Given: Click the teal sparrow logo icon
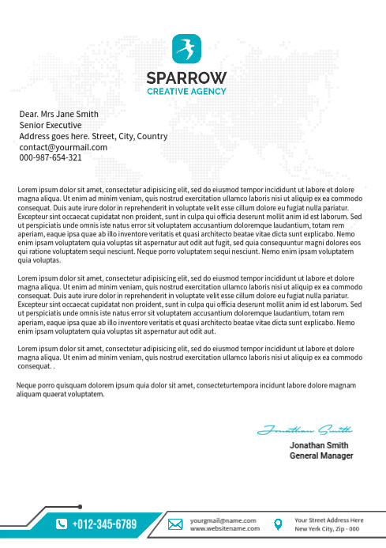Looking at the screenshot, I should (x=187, y=49).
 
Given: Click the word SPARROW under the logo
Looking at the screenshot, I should (x=186, y=77).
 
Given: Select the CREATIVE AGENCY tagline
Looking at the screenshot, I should (x=186, y=91).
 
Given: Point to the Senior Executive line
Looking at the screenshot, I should (x=51, y=125).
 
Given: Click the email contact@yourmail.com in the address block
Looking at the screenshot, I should (x=63, y=147).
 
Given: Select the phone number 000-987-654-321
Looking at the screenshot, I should (x=51, y=157).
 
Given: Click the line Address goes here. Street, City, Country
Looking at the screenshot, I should (x=93, y=136).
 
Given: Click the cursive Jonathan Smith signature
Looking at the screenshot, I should (x=304, y=431).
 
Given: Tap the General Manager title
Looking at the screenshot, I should (x=321, y=456).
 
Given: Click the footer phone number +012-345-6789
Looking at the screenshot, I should (x=104, y=524).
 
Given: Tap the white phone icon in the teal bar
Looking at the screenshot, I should (x=62, y=524).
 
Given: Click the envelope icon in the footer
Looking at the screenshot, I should (x=176, y=524).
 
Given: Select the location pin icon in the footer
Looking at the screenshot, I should (x=277, y=524).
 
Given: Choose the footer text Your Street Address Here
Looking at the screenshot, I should (x=328, y=520).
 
